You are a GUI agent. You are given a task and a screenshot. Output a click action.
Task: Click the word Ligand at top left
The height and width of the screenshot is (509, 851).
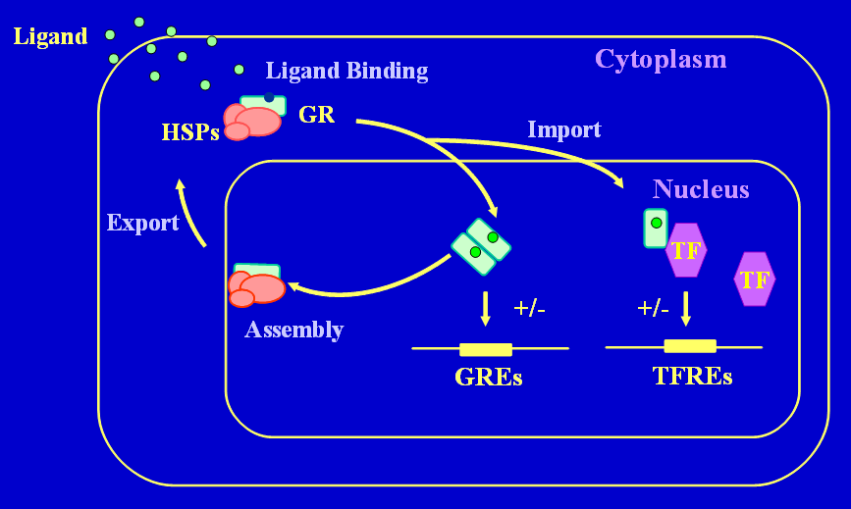click(50, 37)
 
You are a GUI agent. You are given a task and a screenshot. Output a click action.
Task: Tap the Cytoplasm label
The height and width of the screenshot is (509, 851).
click(661, 59)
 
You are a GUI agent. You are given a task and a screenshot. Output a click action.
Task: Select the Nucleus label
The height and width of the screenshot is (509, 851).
click(701, 189)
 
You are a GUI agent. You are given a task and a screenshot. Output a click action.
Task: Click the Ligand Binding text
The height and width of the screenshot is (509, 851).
click(346, 71)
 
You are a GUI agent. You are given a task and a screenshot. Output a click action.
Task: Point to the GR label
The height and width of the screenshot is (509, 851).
click(316, 115)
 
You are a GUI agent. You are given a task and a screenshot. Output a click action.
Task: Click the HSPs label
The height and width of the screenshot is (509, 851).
click(190, 132)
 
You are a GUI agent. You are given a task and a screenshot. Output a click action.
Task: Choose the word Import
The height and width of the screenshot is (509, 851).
click(564, 129)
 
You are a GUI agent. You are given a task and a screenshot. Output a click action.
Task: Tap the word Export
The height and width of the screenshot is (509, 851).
click(142, 223)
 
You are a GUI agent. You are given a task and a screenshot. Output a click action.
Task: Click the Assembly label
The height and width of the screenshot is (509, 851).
click(293, 330)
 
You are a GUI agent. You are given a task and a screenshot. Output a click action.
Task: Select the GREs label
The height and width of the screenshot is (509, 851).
click(488, 378)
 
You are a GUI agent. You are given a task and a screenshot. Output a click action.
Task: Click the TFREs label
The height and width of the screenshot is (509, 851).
click(692, 376)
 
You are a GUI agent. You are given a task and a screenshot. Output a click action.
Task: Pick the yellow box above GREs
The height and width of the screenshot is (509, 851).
click(486, 349)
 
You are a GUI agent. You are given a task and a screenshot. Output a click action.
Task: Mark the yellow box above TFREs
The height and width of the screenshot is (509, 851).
click(690, 346)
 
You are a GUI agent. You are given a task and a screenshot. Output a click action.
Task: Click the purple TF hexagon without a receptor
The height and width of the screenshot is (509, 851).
click(754, 280)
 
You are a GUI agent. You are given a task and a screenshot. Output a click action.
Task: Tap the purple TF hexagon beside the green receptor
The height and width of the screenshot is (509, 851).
click(686, 250)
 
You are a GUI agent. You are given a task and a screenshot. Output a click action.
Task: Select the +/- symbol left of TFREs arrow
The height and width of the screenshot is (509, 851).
click(653, 308)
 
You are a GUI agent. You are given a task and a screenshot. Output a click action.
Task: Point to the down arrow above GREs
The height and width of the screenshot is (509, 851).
click(486, 309)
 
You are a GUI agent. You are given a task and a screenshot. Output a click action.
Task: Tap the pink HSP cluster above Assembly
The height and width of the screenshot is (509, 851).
click(257, 287)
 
